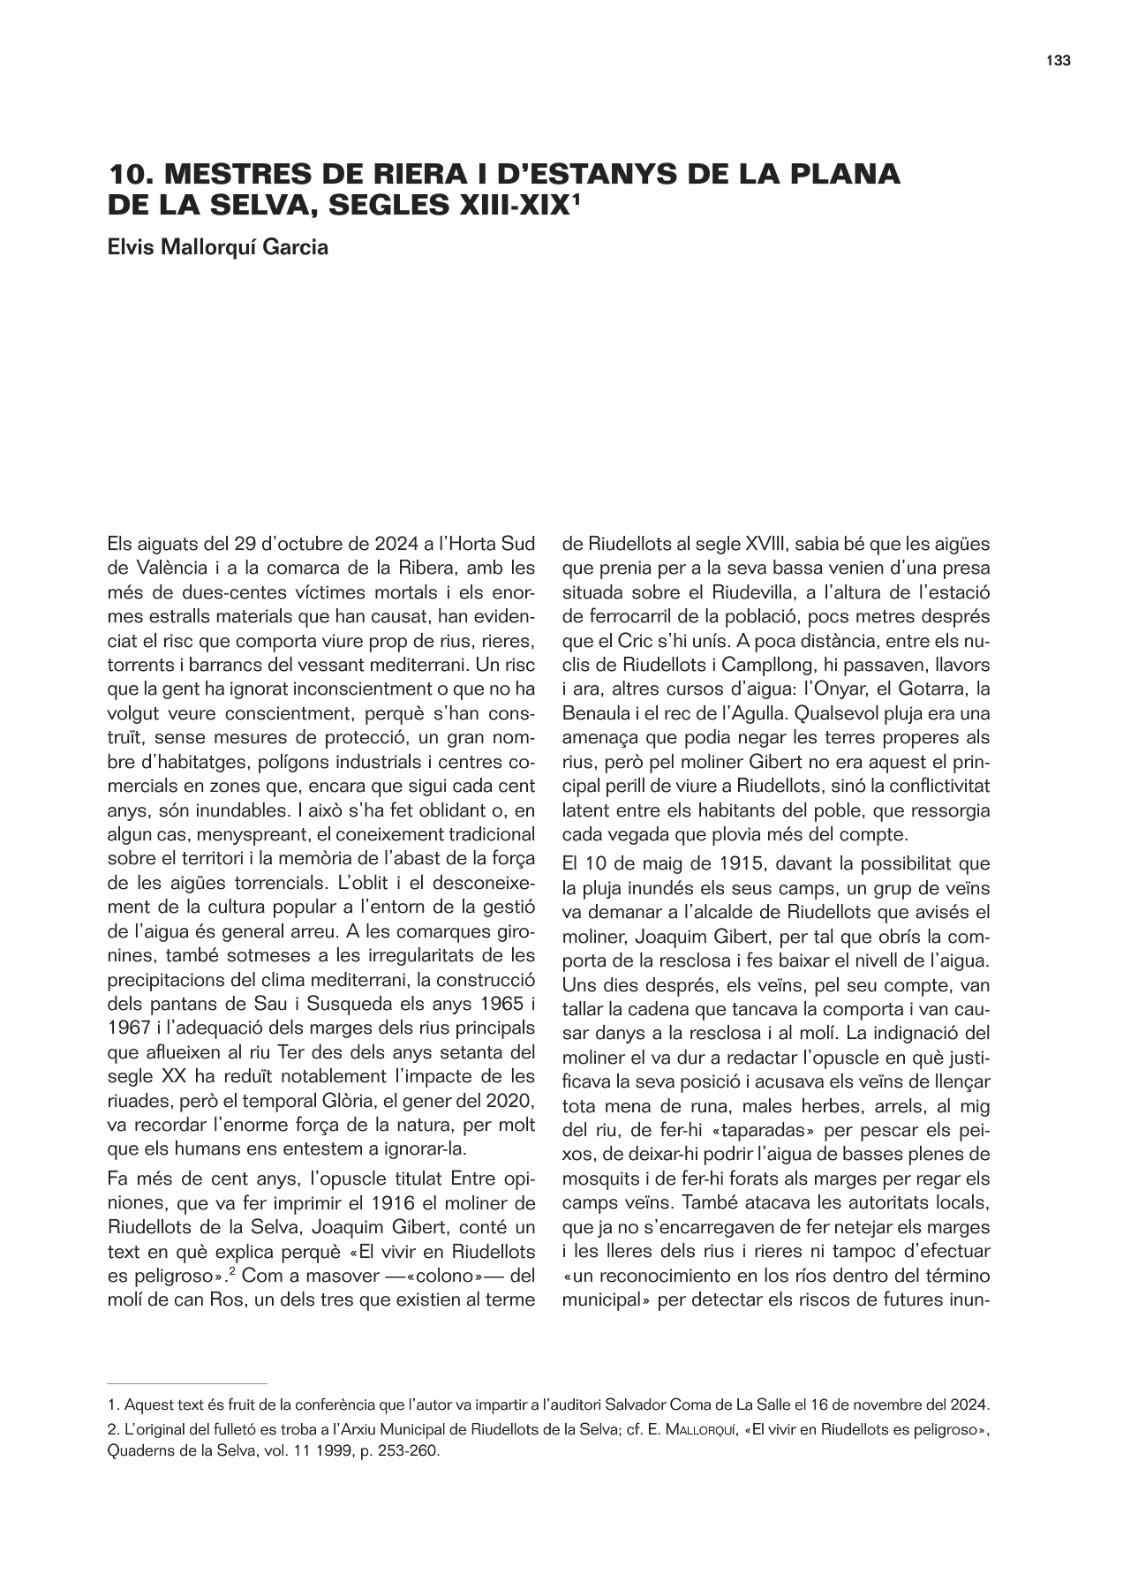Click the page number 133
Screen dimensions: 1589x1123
pos(1058,61)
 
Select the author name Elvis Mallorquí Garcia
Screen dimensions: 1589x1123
pos(217,247)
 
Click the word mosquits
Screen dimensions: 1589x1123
pos(599,1179)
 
